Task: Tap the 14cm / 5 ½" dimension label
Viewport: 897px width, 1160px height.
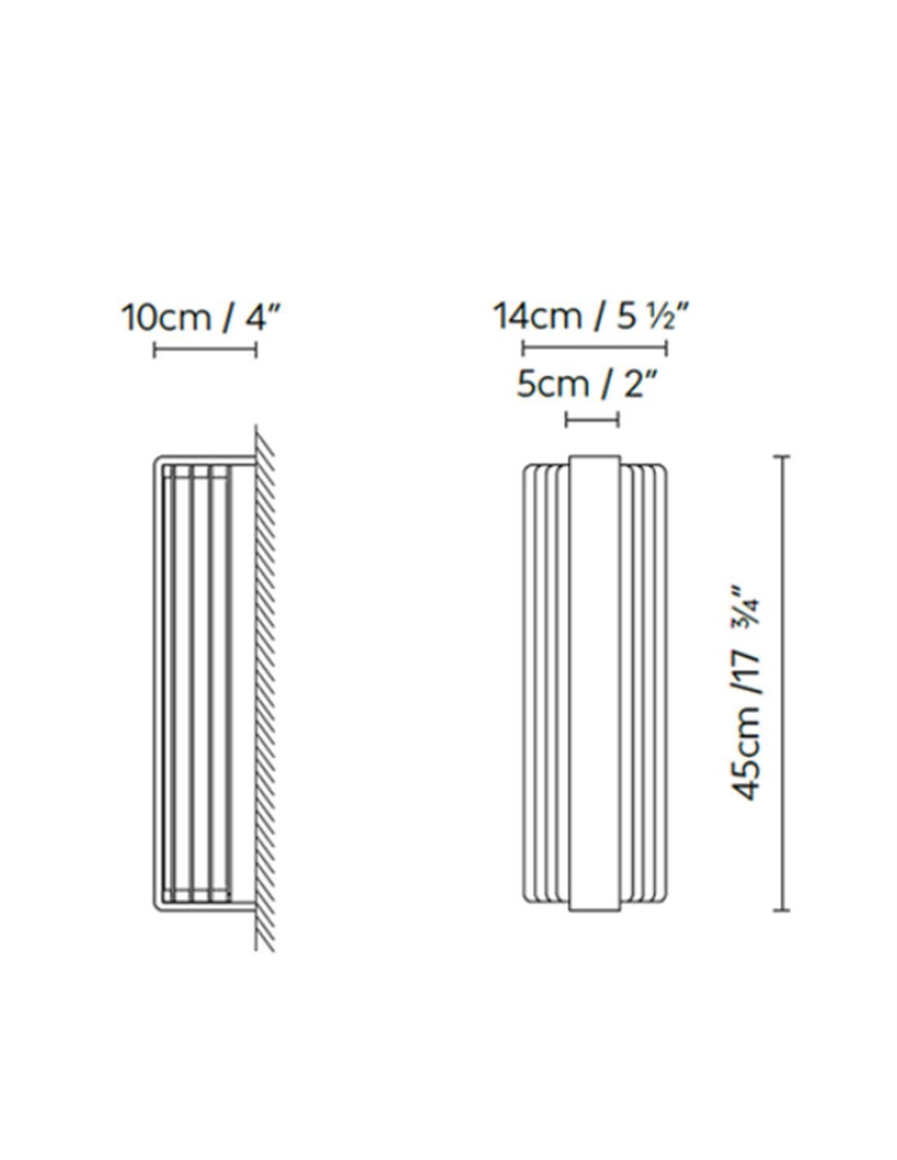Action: (592, 317)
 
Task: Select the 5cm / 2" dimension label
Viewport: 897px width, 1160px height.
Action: (586, 384)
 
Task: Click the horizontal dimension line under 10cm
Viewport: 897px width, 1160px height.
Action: (205, 350)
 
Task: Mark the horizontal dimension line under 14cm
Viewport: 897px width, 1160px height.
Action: (594, 348)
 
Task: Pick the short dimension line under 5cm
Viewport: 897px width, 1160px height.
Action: (592, 419)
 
